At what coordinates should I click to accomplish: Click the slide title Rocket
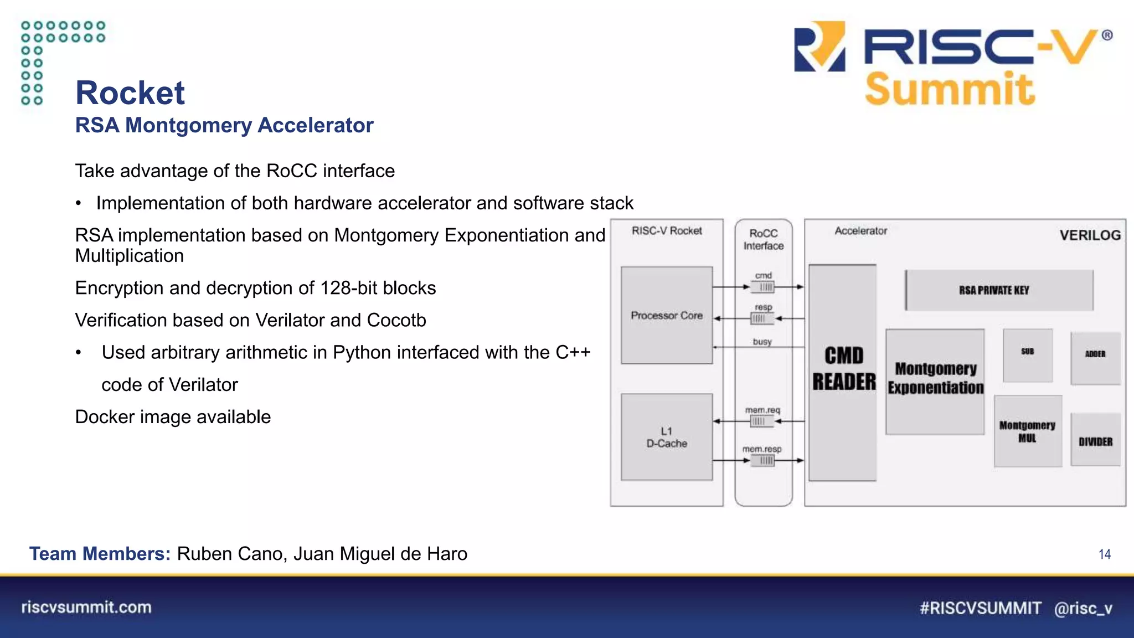click(x=130, y=92)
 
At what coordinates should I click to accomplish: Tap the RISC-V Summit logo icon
click(x=819, y=47)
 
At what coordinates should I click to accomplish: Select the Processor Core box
click(x=667, y=315)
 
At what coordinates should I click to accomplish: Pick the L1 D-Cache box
click(x=667, y=437)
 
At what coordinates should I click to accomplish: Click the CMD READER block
click(x=843, y=372)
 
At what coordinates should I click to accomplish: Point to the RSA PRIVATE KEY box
click(x=999, y=290)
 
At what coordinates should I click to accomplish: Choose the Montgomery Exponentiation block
click(x=935, y=381)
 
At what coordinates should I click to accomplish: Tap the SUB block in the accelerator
click(x=1028, y=355)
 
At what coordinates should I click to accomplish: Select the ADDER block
click(x=1095, y=357)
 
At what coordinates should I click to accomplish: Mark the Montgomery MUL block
click(x=1028, y=431)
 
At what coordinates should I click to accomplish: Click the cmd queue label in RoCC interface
click(x=764, y=275)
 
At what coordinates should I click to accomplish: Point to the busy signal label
click(x=762, y=342)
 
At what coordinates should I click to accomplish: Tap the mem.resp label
click(x=762, y=449)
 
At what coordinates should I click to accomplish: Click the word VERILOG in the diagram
click(x=1090, y=235)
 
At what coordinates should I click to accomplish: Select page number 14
click(x=1104, y=554)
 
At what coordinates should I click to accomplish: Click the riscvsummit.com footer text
click(x=86, y=608)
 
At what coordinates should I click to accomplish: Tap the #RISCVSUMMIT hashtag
click(x=980, y=608)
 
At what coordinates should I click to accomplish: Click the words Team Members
click(x=100, y=554)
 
